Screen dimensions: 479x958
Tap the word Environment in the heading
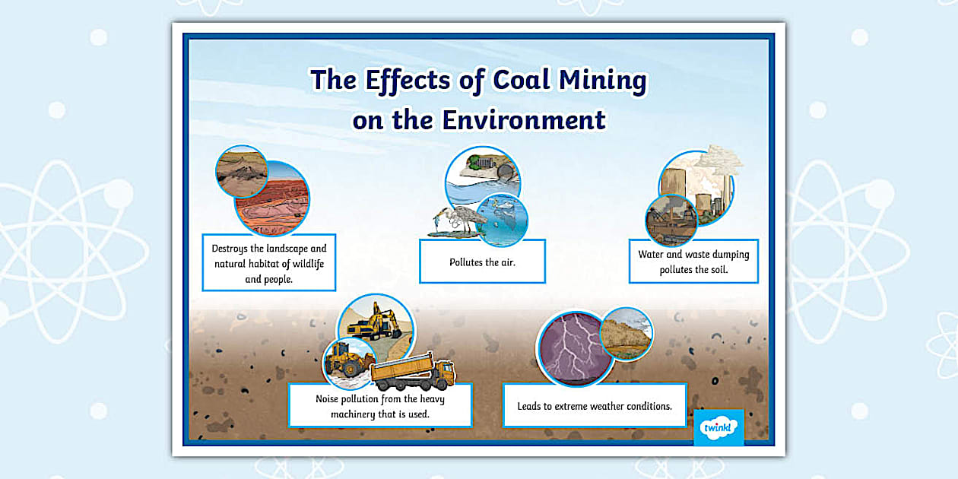(524, 119)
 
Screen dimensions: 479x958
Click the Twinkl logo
(718, 427)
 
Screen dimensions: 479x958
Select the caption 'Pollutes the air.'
(482, 262)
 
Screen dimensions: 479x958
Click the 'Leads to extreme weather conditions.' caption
(595, 406)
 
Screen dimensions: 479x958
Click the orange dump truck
(412, 372)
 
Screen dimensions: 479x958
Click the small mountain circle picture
(241, 172)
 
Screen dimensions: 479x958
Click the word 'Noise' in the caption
(329, 398)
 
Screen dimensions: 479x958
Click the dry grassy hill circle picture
(626, 333)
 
